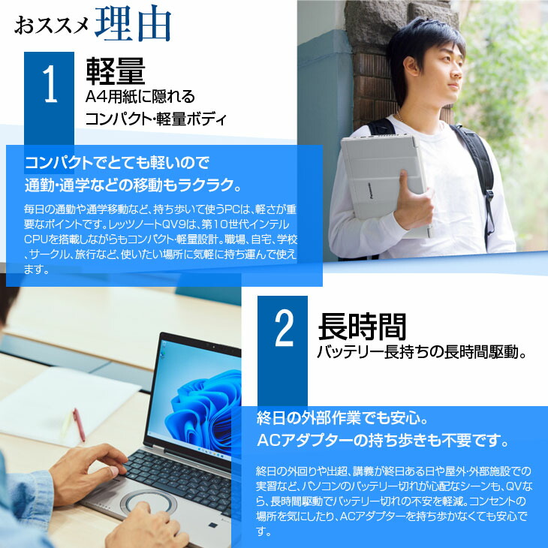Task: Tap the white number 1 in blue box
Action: click(50, 86)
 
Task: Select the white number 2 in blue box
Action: click(283, 330)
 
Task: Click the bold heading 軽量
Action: click(114, 71)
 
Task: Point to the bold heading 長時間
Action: click(362, 326)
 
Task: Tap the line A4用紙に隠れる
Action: click(140, 96)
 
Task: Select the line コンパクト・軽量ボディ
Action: click(155, 119)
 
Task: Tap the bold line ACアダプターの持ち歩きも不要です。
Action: click(383, 439)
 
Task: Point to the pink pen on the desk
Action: click(78, 424)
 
